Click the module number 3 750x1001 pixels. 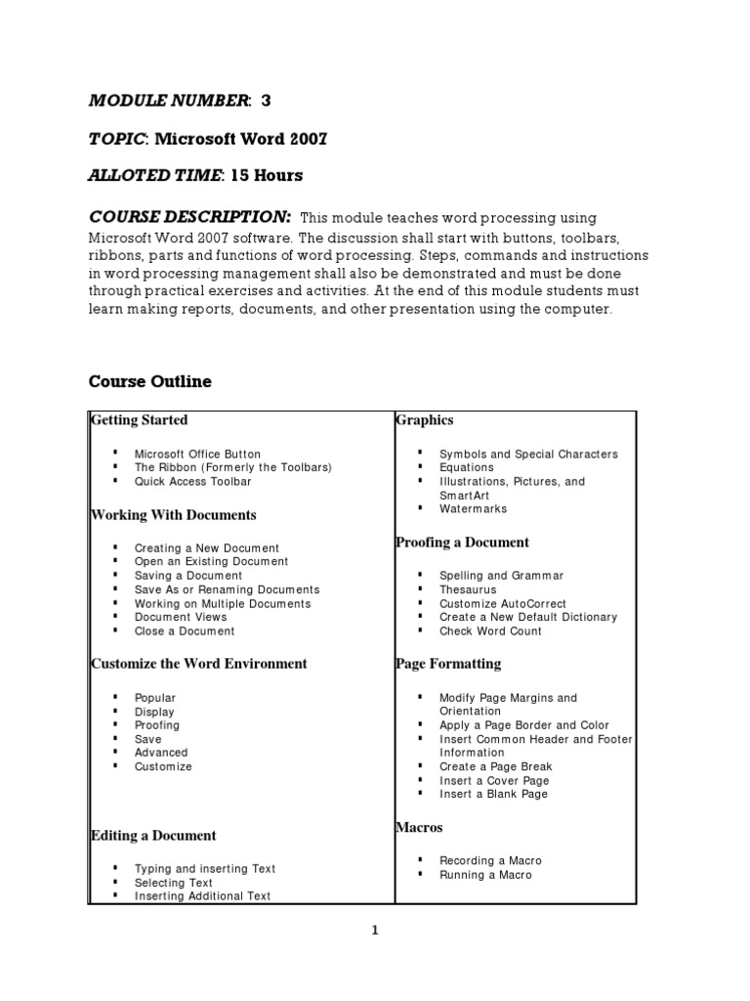(x=266, y=101)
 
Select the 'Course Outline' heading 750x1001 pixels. (x=150, y=381)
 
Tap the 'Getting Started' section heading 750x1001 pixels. (x=139, y=420)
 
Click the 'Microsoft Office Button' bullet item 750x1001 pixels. (x=197, y=454)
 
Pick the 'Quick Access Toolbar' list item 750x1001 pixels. (x=192, y=481)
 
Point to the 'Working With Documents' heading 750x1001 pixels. (x=174, y=515)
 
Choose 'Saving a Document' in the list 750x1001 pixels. (x=188, y=576)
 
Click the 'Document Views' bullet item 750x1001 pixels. (x=181, y=617)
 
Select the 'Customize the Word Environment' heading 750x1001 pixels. (x=199, y=664)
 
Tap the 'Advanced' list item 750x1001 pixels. (x=161, y=753)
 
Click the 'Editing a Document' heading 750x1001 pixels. (x=153, y=836)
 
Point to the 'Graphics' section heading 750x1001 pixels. (x=425, y=420)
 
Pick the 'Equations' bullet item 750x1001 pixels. (x=467, y=467)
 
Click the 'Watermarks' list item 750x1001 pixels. (x=474, y=508)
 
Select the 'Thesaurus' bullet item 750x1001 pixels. (x=468, y=589)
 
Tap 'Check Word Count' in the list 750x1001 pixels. (x=490, y=631)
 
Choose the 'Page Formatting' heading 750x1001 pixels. (x=448, y=664)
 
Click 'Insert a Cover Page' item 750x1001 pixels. (x=494, y=780)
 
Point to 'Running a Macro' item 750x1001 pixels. (x=485, y=874)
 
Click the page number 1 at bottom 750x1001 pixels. (x=375, y=931)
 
